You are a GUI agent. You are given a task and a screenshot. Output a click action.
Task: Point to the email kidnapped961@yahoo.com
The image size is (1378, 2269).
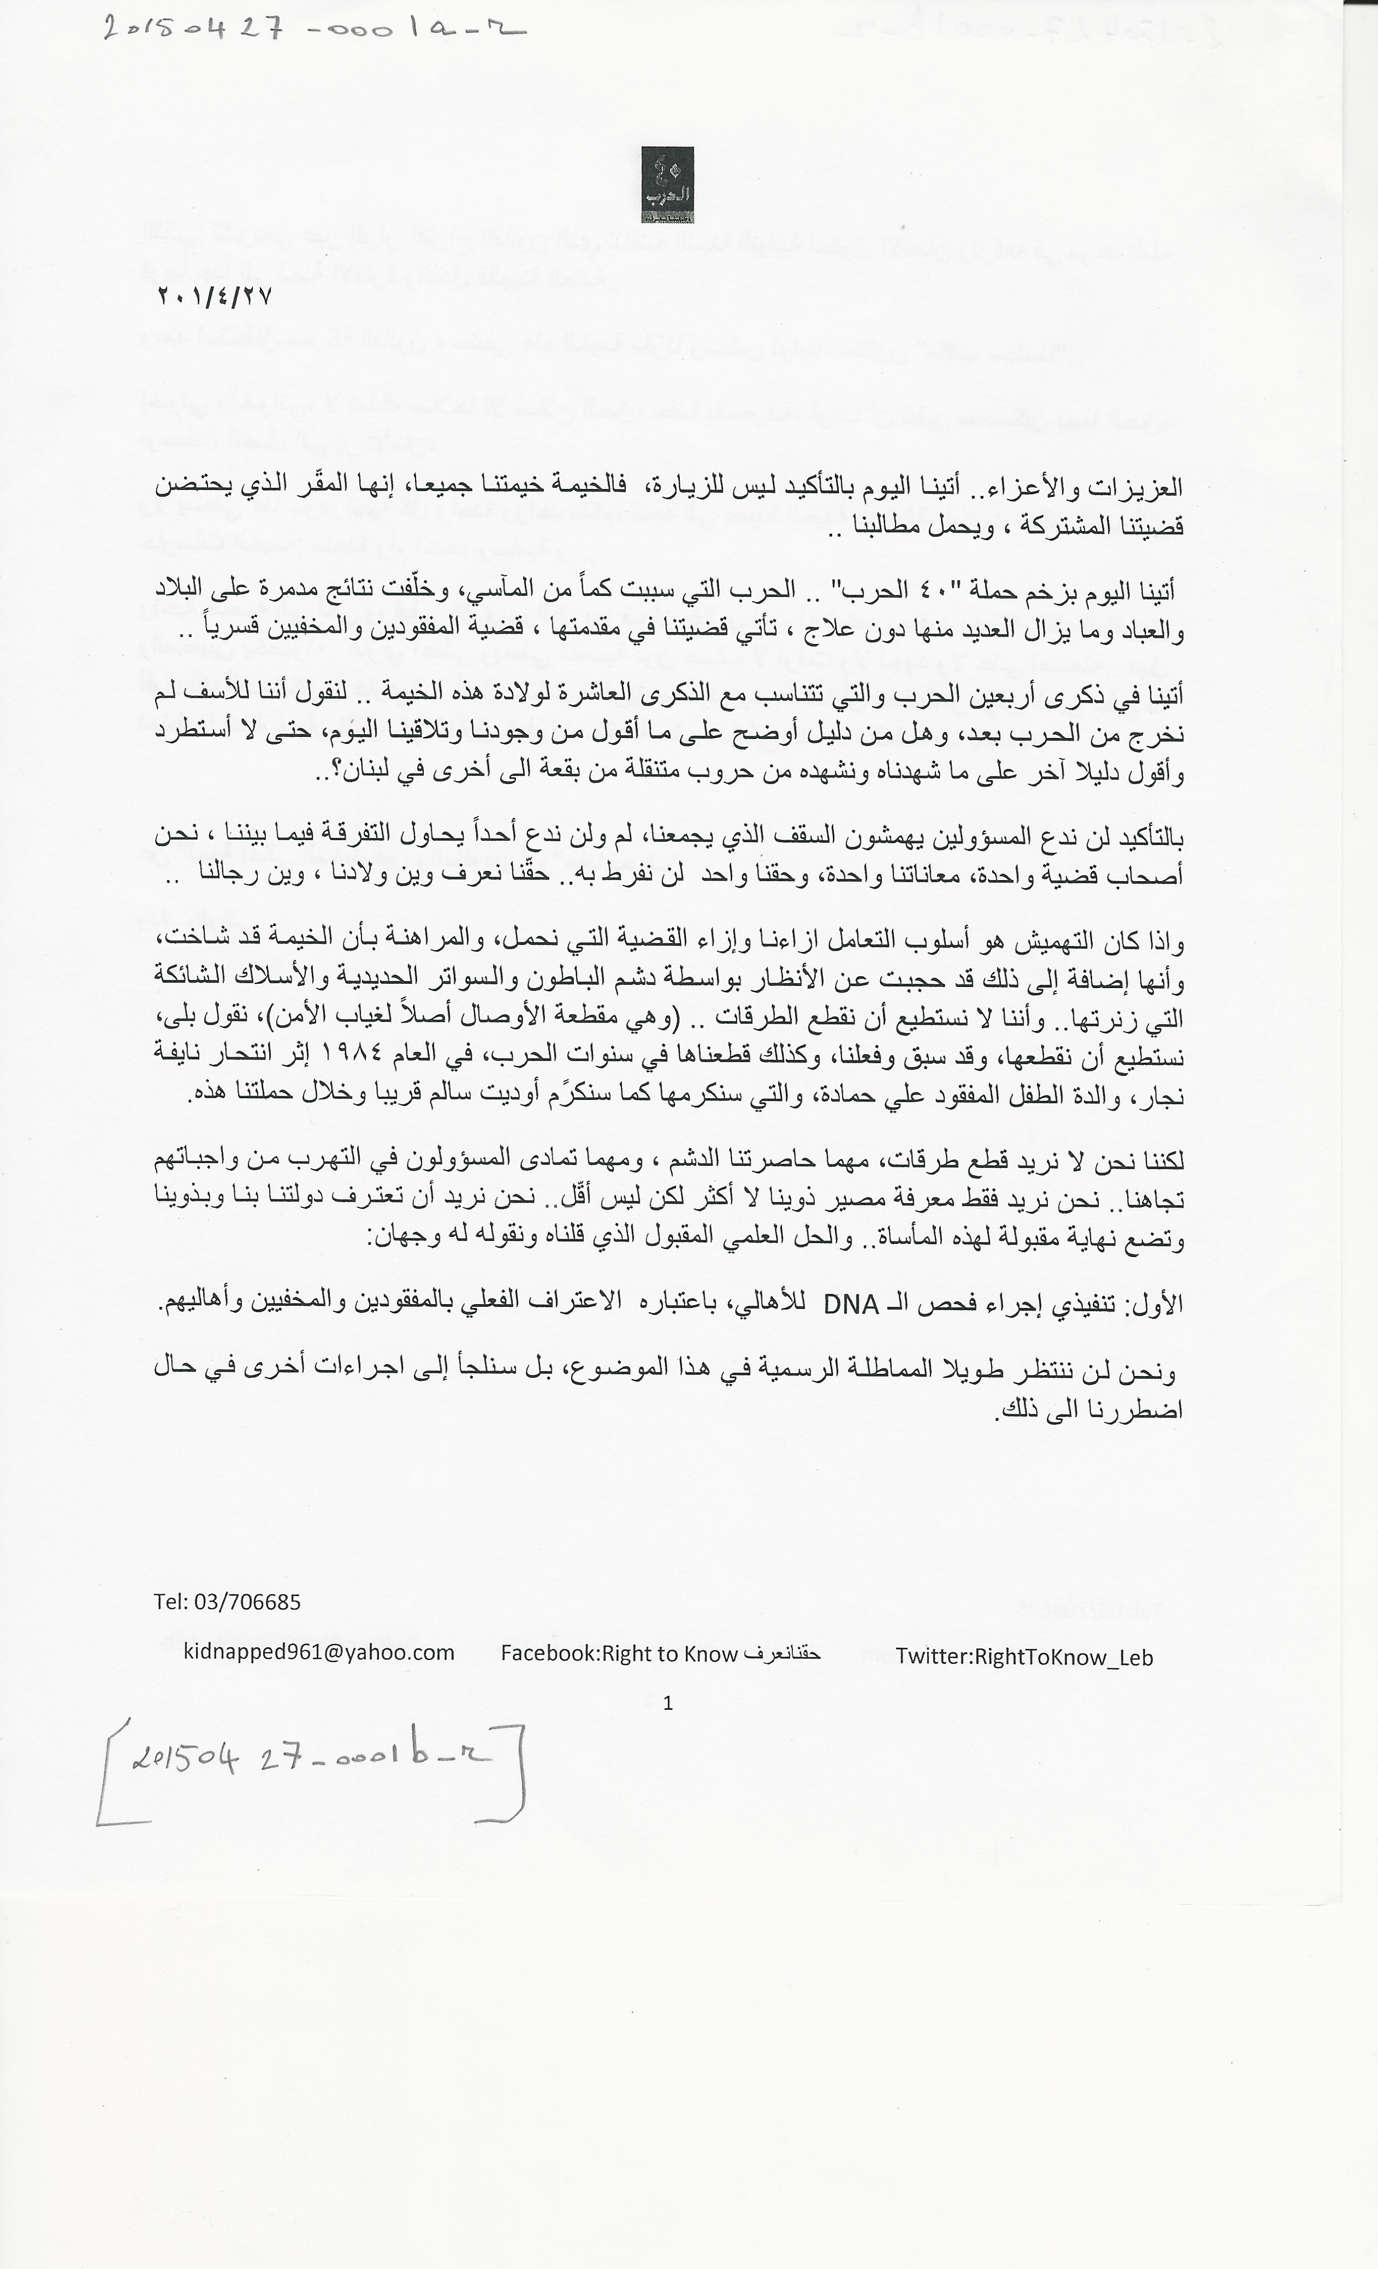click(x=319, y=1652)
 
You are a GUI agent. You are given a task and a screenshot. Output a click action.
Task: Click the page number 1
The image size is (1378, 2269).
click(x=668, y=1703)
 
